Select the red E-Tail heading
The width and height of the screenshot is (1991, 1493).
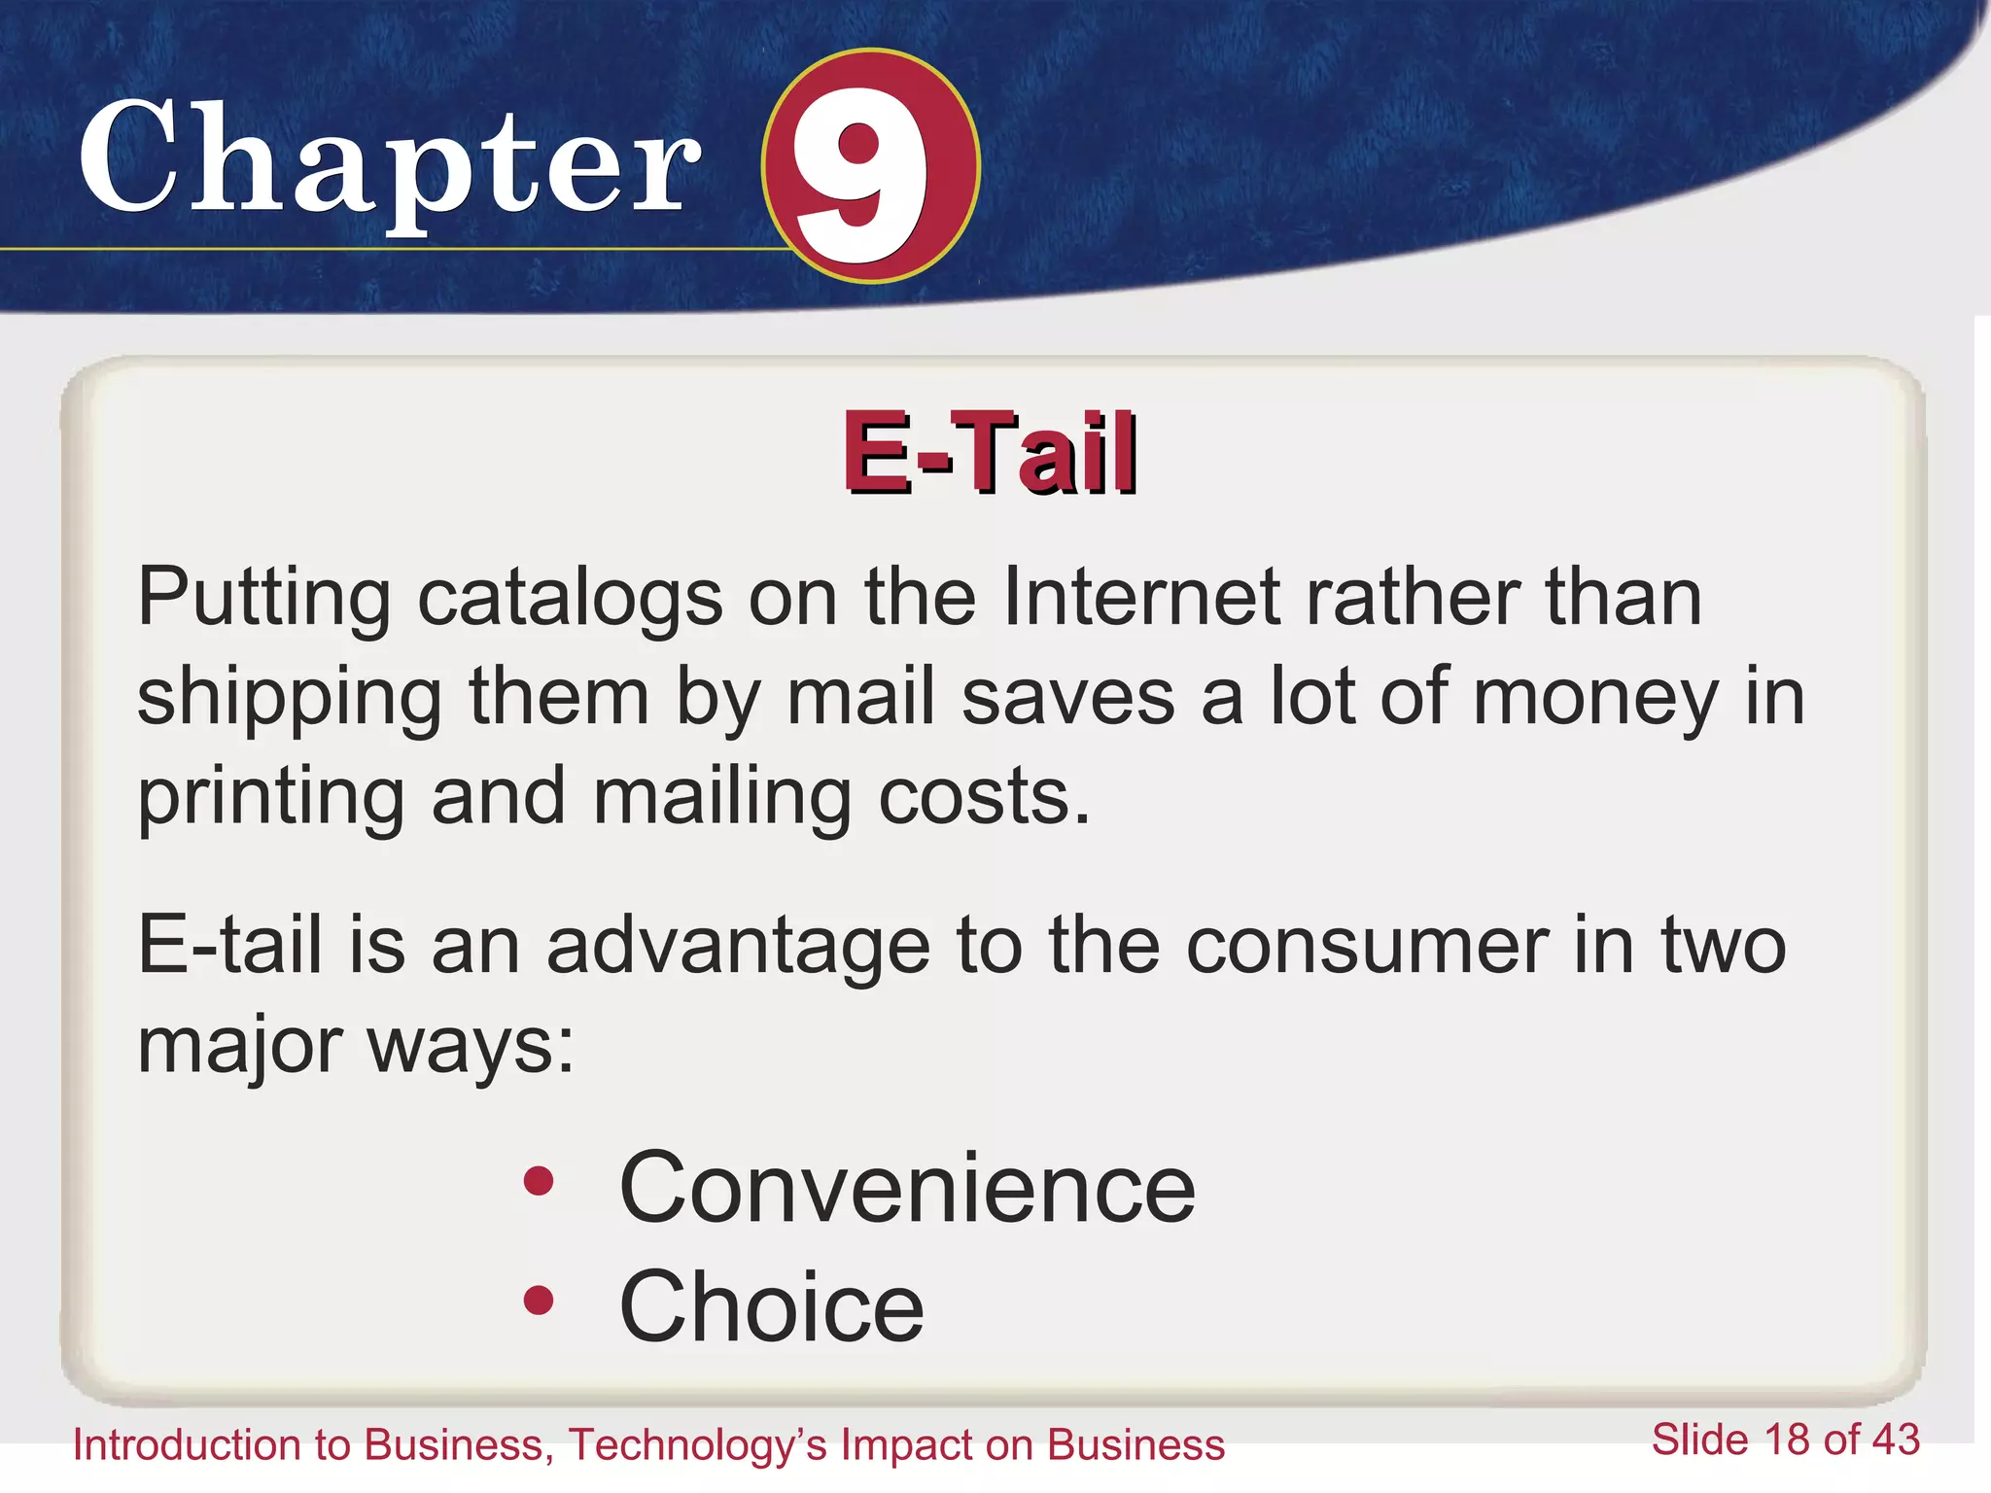pyautogui.click(x=990, y=453)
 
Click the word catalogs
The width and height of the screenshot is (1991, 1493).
pyautogui.click(x=570, y=598)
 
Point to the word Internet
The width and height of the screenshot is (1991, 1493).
pyautogui.click(x=1140, y=596)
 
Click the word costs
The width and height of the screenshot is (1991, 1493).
pyautogui.click(x=984, y=797)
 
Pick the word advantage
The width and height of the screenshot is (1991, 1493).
pyautogui.click(x=738, y=948)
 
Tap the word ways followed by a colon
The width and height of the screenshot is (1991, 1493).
pyautogui.click(x=471, y=1048)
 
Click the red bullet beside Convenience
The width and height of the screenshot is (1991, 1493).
pyautogui.click(x=538, y=1181)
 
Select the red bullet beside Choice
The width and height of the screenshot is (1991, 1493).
pyautogui.click(x=538, y=1300)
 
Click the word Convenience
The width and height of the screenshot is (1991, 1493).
pyautogui.click(x=906, y=1188)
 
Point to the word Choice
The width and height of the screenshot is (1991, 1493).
pyautogui.click(x=771, y=1307)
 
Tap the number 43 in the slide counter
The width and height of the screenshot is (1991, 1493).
pyautogui.click(x=1895, y=1441)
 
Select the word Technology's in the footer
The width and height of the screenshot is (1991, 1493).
pyautogui.click(x=697, y=1445)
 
